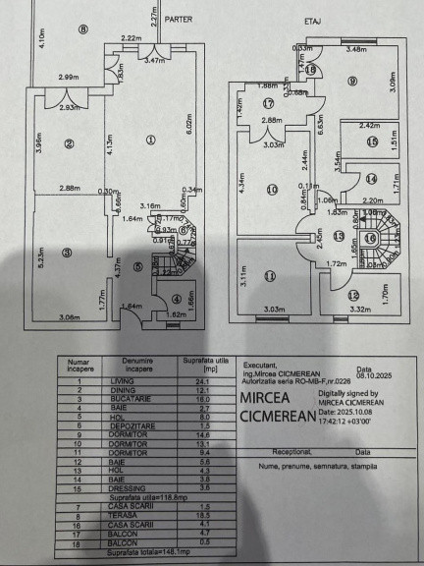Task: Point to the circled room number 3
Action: pyautogui.click(x=67, y=253)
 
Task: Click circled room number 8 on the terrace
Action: pyautogui.click(x=83, y=29)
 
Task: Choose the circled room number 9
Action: pyautogui.click(x=351, y=82)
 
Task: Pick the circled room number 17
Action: pyautogui.click(x=267, y=100)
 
